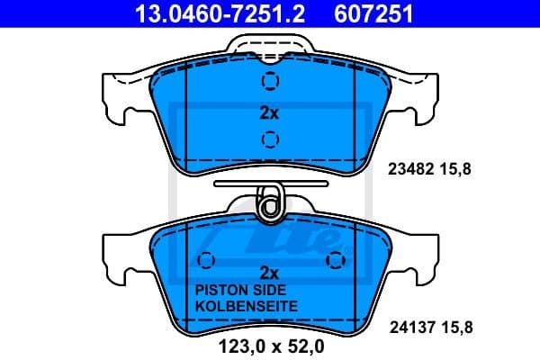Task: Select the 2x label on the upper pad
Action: [269, 113]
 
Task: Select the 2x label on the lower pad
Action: [269, 272]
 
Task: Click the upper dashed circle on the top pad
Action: [269, 82]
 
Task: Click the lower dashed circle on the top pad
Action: [269, 139]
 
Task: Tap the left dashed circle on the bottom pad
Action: [206, 261]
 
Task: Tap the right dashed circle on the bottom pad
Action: [337, 261]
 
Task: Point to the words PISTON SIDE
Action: [239, 291]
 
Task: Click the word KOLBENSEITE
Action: [246, 306]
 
